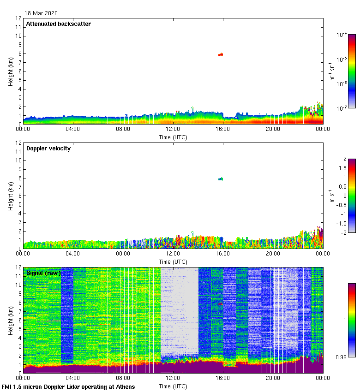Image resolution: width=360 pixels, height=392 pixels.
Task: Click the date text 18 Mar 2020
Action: coord(41,13)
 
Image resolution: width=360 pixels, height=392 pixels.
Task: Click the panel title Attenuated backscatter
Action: coord(58,24)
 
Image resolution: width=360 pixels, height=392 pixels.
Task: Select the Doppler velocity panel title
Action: coord(48,148)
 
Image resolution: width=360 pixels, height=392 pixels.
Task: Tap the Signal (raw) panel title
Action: coord(43,273)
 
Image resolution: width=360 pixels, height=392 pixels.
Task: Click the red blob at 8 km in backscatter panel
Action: coord(221,54)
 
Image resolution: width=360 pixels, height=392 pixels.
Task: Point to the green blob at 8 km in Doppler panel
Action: coord(221,179)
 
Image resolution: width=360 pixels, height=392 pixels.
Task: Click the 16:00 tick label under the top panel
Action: coord(223,130)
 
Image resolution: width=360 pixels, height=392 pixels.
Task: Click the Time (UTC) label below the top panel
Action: coord(173,137)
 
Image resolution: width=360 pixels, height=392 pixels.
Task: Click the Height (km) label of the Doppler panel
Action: coord(11,196)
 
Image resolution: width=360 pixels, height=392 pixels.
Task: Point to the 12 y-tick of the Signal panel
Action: coord(18,267)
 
